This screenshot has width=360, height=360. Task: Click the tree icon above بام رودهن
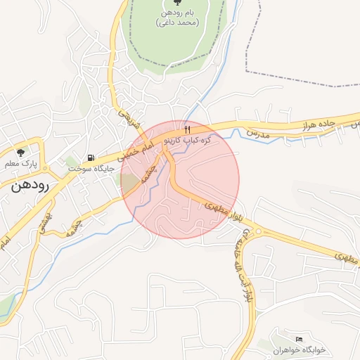click(176, 4)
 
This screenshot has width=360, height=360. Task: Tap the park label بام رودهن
click(176, 18)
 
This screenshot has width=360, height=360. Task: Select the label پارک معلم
click(20, 164)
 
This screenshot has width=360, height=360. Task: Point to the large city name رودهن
click(29, 186)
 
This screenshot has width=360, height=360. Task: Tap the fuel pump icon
click(90, 157)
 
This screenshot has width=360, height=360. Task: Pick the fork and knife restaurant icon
click(187, 129)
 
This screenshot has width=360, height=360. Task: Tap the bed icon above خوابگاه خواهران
click(299, 339)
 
